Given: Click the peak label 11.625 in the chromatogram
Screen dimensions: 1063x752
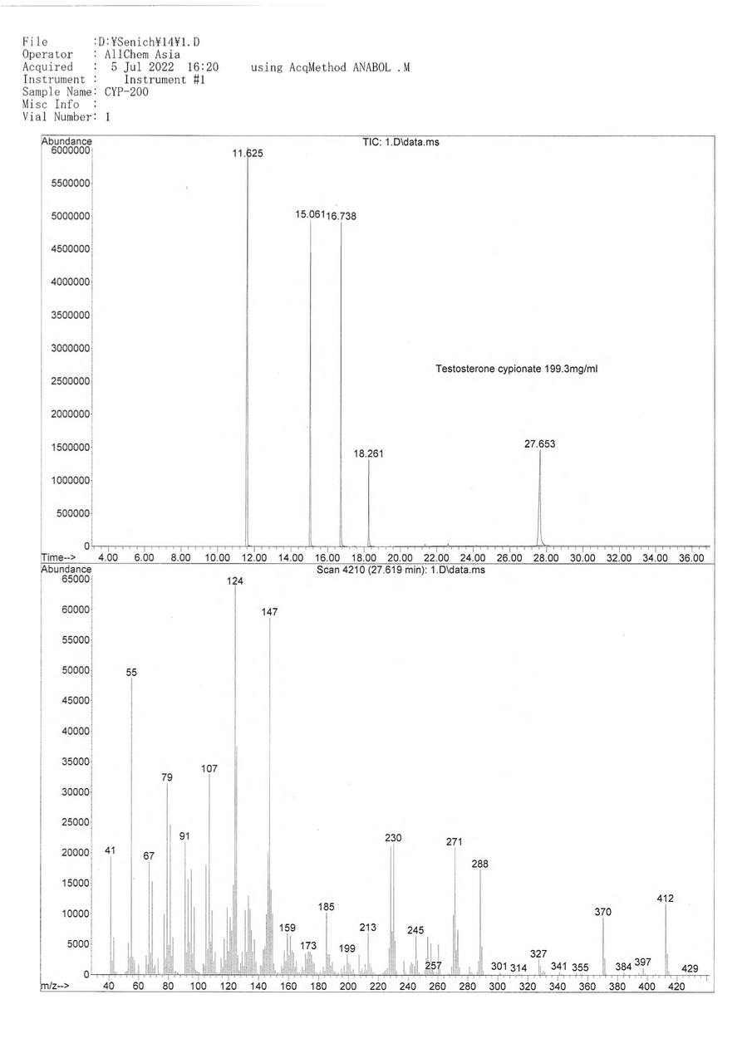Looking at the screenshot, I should [x=248, y=153].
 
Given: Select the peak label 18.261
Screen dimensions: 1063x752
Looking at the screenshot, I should [x=368, y=453].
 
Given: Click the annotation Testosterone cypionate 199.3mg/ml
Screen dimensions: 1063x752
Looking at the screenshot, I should [x=516, y=369].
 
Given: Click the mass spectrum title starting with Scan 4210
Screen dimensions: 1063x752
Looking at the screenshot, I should [x=401, y=571].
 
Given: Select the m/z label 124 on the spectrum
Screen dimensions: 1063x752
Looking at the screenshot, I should [x=235, y=582].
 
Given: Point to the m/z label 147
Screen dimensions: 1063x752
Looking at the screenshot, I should [x=269, y=611].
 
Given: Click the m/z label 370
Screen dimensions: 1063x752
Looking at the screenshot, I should [x=602, y=912].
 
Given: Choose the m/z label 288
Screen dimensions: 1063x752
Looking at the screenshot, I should [x=479, y=864].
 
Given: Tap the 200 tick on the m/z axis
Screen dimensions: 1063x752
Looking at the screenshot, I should [x=348, y=987].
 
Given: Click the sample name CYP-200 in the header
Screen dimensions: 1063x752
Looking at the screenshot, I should [x=126, y=92].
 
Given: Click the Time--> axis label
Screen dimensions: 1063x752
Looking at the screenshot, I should [x=59, y=558].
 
